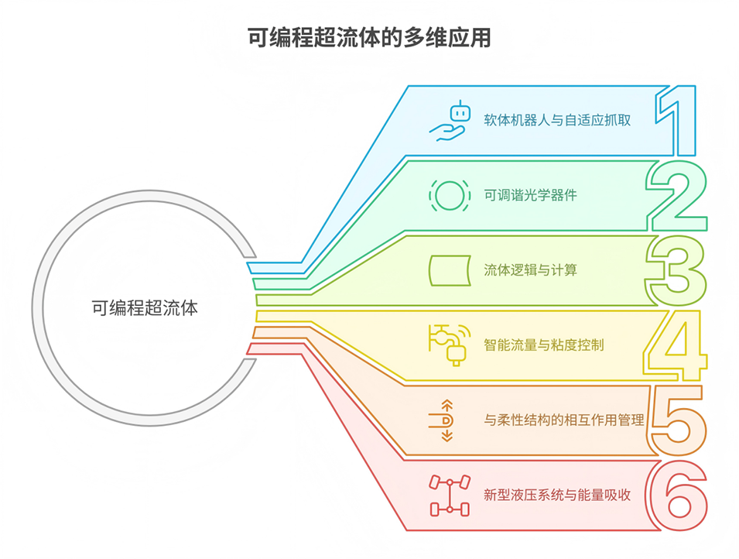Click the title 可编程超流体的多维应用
pyautogui.click(x=369, y=38)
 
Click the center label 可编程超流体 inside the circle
pyautogui.click(x=145, y=307)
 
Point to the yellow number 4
pyautogui.click(x=676, y=344)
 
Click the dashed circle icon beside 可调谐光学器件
pyautogui.click(x=449, y=195)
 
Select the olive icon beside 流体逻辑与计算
pyautogui.click(x=450, y=269)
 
